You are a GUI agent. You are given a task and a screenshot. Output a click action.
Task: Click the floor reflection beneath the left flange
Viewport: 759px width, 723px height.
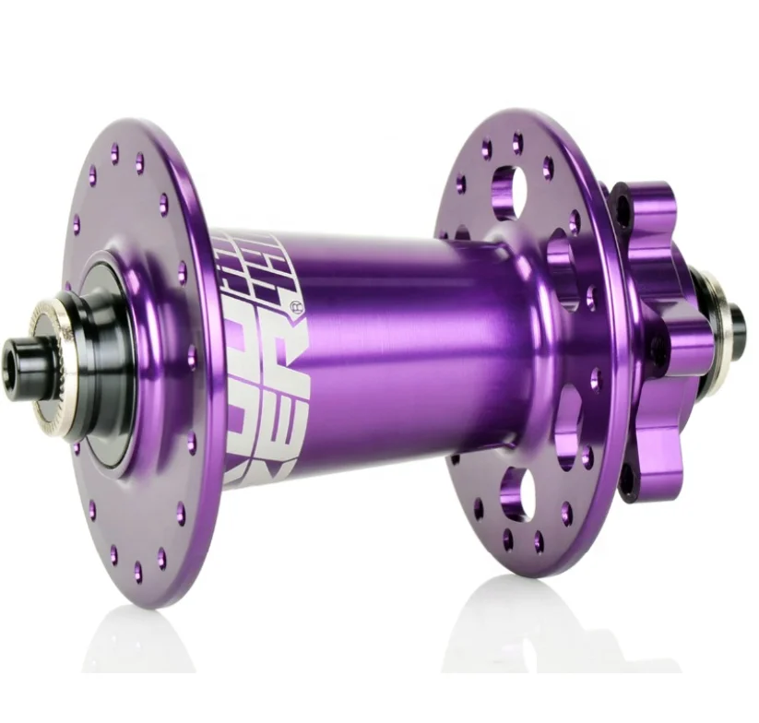click(x=138, y=646)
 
